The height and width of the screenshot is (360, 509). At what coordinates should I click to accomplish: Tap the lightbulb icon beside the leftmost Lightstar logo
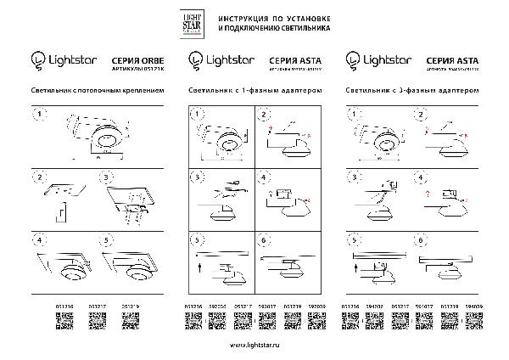36,59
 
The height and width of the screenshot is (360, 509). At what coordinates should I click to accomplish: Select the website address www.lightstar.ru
255,346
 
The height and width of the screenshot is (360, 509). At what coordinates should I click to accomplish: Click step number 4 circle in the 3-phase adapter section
420,178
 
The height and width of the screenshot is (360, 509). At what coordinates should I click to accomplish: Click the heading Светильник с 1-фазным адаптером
255,88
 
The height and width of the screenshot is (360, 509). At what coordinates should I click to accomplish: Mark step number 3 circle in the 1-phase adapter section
196,178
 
